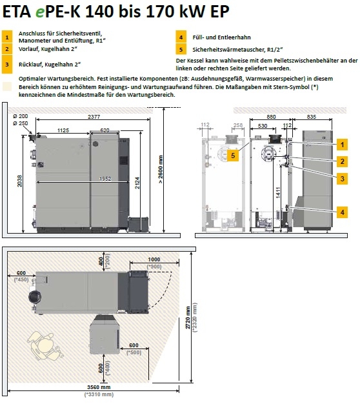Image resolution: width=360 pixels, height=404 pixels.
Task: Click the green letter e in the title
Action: (x=40, y=12)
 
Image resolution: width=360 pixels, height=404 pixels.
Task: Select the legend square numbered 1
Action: (x=7, y=37)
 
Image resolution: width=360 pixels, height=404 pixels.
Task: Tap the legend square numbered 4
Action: (x=181, y=37)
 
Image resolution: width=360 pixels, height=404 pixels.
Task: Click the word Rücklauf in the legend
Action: (x=30, y=65)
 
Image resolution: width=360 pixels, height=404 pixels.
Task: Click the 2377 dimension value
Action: (x=94, y=117)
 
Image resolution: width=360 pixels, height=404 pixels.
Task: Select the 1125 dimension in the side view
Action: (x=63, y=130)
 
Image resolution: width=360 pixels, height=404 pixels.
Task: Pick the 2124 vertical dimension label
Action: (x=137, y=183)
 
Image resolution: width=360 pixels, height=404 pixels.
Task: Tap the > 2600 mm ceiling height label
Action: (x=161, y=169)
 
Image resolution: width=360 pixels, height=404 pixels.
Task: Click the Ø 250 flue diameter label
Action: (x=21, y=123)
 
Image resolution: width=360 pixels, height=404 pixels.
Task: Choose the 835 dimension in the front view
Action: (x=312, y=117)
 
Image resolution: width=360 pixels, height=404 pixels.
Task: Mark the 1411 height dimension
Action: (x=278, y=192)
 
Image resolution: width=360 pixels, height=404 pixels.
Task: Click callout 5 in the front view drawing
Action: (x=233, y=156)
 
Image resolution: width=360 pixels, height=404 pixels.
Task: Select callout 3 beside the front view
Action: (x=342, y=179)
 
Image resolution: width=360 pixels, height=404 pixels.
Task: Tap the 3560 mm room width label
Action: (x=99, y=387)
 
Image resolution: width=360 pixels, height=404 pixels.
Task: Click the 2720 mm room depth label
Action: (x=188, y=318)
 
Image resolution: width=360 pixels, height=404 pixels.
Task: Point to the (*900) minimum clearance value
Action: (x=154, y=267)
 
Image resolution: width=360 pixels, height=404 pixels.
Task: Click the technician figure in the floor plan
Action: (x=44, y=346)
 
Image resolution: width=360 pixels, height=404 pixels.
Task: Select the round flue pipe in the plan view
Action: (x=34, y=297)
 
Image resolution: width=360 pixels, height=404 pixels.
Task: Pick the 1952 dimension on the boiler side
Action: (x=105, y=179)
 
